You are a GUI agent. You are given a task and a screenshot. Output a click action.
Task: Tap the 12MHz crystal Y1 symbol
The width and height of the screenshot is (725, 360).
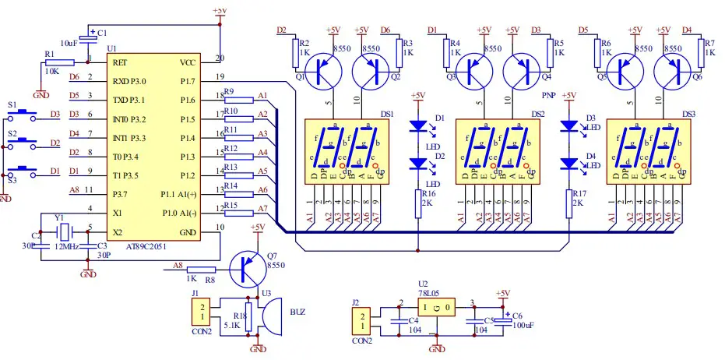(x=65, y=231)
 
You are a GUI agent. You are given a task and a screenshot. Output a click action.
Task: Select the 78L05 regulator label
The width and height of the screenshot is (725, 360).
(x=428, y=293)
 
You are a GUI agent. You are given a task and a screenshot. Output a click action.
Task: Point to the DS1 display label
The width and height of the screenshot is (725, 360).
(x=385, y=113)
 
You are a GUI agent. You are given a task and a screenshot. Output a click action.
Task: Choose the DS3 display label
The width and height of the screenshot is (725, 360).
(x=688, y=113)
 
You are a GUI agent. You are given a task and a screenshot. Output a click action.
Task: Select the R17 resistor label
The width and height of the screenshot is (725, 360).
(x=578, y=193)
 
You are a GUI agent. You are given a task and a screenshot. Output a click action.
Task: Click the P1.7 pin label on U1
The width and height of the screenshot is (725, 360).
(x=187, y=80)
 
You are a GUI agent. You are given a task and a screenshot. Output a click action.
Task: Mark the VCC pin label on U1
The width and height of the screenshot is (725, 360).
(x=188, y=62)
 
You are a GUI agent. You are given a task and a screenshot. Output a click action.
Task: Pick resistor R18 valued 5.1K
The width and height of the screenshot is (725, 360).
(x=248, y=319)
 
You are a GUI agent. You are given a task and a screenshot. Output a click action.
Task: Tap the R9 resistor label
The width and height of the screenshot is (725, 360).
(x=229, y=92)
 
